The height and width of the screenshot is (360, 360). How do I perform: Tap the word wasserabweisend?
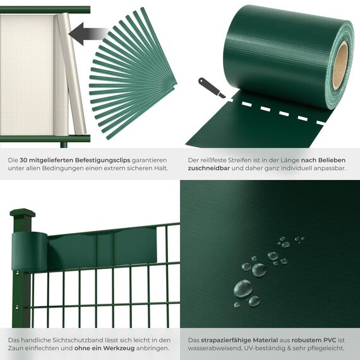[x=213, y=348]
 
